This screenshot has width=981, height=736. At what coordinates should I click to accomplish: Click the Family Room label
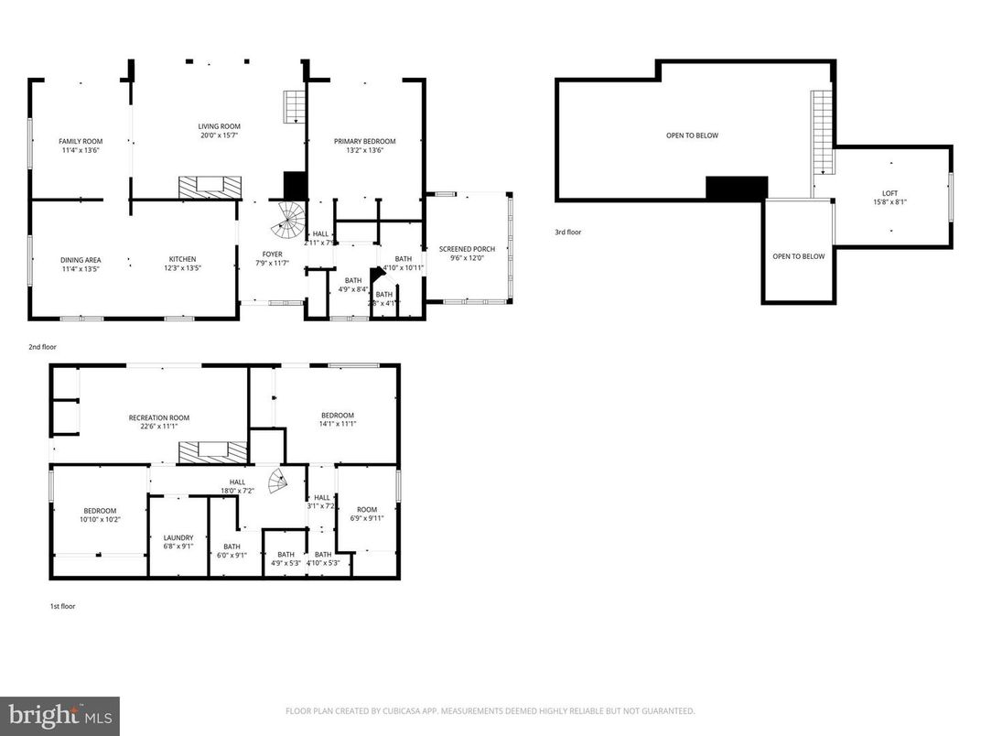(79, 141)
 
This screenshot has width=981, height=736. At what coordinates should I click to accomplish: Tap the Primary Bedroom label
(364, 141)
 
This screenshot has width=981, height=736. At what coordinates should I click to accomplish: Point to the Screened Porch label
(467, 249)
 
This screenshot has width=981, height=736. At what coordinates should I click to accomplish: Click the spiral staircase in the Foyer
(292, 220)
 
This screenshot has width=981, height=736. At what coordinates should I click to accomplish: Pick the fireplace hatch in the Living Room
(210, 187)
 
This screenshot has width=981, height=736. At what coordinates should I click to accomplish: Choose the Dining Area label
(81, 259)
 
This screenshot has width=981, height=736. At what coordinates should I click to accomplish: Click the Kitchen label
(182, 259)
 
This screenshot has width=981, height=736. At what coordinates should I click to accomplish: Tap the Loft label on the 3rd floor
(889, 193)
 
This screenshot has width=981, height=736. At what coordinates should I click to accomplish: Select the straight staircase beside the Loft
(823, 133)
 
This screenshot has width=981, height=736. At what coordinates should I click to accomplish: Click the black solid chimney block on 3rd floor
(736, 189)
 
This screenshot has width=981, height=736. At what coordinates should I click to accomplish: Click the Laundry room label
(178, 538)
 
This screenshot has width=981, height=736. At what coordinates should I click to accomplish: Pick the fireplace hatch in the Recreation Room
(212, 452)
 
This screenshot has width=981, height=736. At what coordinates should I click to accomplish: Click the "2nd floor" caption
(41, 348)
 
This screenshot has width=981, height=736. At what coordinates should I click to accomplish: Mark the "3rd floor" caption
(567, 233)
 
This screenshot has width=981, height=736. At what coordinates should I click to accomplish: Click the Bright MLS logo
(60, 714)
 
